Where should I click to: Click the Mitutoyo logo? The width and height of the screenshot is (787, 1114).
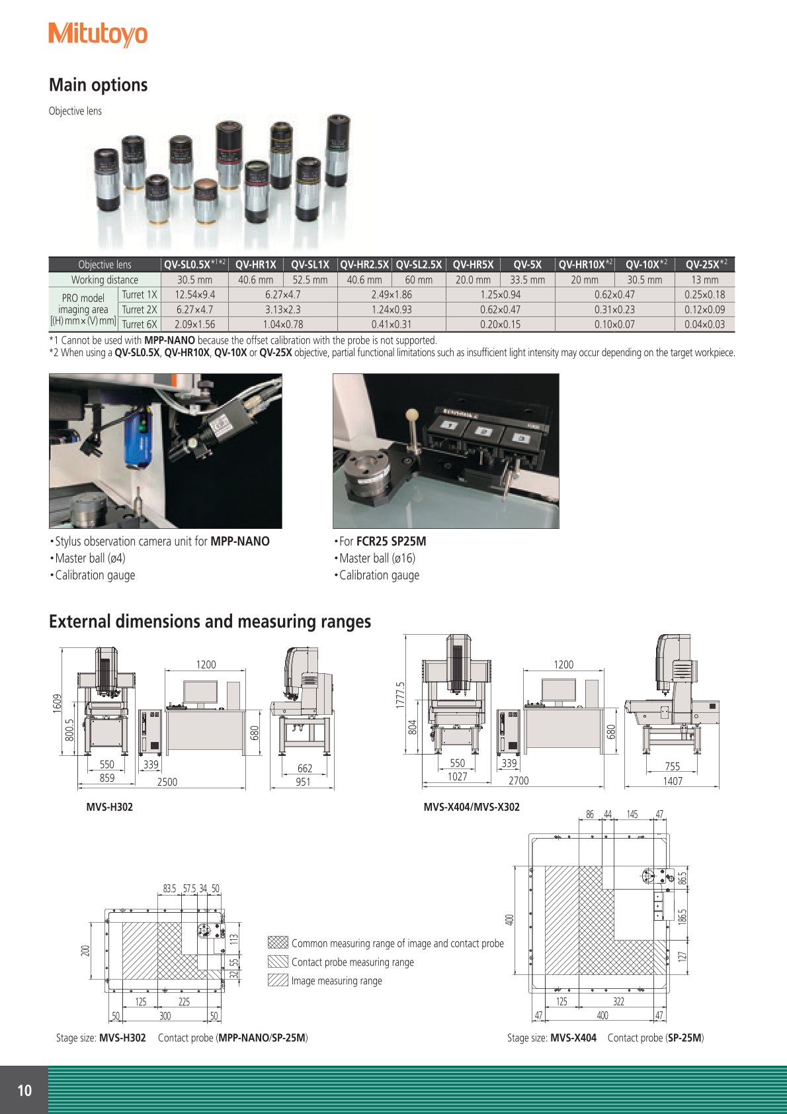(98, 35)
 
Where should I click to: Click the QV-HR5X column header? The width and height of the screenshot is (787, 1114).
(473, 265)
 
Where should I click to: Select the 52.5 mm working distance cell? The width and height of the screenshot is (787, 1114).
(310, 279)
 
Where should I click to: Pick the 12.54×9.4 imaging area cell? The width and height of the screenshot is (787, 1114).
(194, 295)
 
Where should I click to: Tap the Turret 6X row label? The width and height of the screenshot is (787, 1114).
(140, 324)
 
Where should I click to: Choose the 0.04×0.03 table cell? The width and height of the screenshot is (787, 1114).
(704, 324)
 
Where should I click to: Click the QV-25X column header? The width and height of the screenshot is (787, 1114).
(706, 264)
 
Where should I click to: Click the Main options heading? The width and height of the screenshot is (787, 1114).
(99, 85)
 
